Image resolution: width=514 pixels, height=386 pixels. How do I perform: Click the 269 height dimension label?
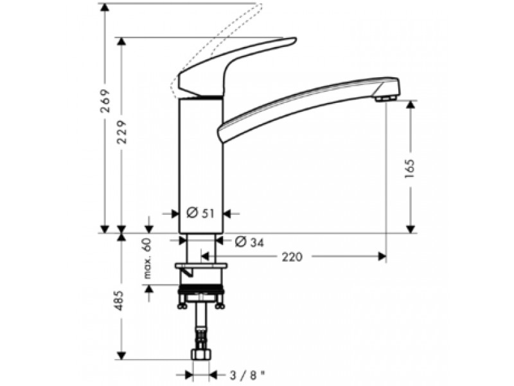105,101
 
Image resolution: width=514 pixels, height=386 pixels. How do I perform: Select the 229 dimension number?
122,132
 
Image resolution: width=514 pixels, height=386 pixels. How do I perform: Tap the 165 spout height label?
410,169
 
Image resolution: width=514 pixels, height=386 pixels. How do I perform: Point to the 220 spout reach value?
292,257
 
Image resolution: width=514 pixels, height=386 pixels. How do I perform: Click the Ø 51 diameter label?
200,214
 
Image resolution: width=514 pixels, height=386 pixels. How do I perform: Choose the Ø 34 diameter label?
250,243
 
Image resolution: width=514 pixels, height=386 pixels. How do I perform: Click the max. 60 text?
148,259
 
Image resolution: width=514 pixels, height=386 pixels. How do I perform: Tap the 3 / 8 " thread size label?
247,375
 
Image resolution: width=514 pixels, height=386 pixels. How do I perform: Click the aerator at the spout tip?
386,98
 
